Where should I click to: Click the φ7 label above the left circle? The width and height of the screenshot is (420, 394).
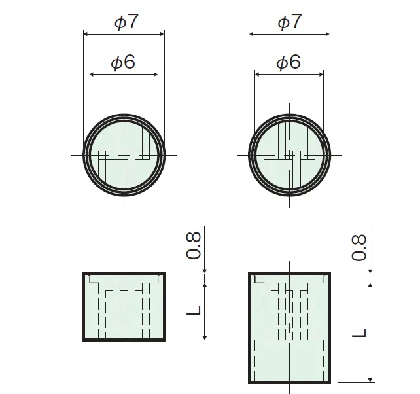tap(126, 22)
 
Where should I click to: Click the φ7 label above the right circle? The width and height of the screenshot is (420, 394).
tap(290, 22)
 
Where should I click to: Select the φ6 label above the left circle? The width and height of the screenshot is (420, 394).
tap(123, 62)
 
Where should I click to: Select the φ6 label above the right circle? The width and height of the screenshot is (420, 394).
tap(289, 62)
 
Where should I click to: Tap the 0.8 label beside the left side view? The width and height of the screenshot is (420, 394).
tap(194, 245)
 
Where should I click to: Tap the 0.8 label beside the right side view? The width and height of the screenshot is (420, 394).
tap(359, 247)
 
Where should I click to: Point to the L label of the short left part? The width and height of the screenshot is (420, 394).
tap(194, 310)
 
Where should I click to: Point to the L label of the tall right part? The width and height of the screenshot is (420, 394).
tap(359, 332)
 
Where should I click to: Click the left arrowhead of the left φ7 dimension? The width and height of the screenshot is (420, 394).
tap(86, 34)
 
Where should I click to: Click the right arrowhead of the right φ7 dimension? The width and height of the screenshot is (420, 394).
tap(327, 34)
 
